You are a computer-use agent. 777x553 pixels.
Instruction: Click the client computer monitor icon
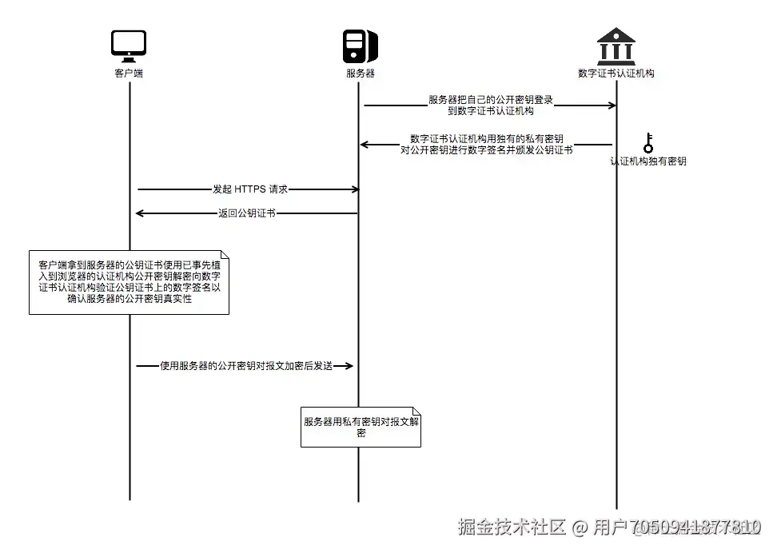pos(129,46)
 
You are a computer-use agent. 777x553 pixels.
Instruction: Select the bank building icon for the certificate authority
pos(616,46)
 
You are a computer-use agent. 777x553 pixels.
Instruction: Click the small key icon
pos(648,143)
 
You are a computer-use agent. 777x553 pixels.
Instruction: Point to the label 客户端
pos(129,73)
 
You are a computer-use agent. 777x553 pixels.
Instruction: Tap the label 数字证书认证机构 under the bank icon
pos(616,73)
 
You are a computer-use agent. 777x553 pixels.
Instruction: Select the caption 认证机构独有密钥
pos(648,161)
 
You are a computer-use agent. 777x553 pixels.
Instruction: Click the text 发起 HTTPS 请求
pos(250,189)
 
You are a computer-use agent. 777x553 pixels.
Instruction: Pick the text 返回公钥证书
pos(247,213)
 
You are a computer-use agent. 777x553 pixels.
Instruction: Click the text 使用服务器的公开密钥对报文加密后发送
pos(246,365)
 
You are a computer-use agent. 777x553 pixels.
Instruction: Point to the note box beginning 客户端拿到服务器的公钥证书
pos(129,283)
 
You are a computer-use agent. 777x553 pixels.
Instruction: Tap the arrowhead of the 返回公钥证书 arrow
pos(139,213)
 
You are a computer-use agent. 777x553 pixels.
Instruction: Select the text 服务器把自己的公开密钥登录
pos(491,100)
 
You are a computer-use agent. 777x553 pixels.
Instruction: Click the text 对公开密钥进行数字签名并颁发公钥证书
pos(486,149)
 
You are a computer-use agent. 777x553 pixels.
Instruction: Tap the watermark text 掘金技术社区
pos(512,527)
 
